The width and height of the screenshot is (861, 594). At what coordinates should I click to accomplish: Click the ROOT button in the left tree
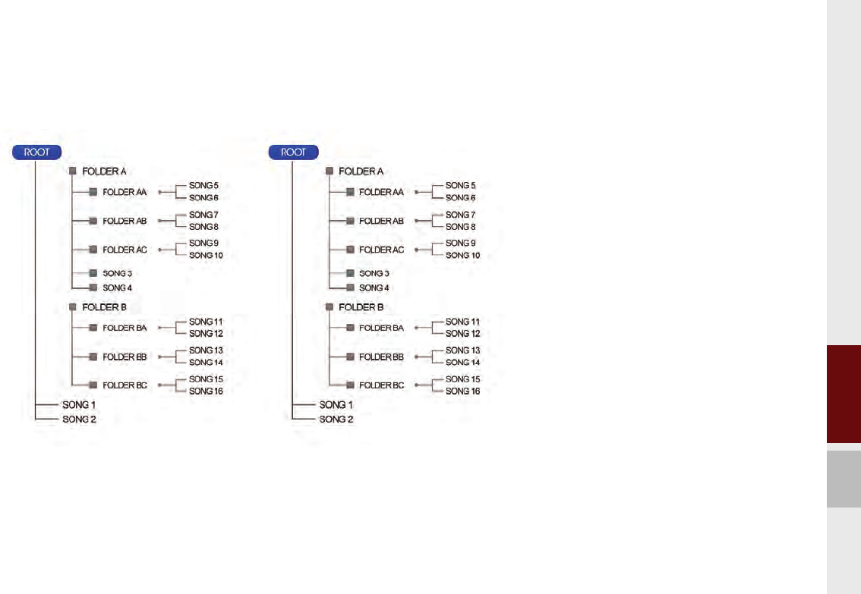click(x=36, y=152)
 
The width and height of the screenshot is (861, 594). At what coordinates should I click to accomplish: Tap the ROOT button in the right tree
click(x=293, y=152)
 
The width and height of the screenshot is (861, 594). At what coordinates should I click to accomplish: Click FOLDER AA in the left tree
click(x=125, y=193)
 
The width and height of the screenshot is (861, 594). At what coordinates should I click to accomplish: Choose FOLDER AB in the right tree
click(x=380, y=221)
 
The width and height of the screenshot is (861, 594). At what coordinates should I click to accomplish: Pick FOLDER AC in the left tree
click(x=125, y=250)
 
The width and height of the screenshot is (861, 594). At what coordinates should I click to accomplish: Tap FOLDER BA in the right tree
click(x=380, y=328)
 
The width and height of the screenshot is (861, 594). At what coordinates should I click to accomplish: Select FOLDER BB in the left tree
click(x=125, y=357)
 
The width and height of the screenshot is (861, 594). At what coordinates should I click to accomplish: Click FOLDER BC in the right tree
click(x=380, y=385)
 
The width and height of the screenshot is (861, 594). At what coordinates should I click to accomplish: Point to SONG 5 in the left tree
click(x=204, y=185)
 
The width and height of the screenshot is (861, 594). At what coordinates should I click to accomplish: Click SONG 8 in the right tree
click(x=460, y=227)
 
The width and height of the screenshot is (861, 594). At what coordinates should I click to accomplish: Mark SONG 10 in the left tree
click(x=207, y=256)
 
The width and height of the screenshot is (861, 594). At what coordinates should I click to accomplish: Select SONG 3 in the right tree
click(x=374, y=273)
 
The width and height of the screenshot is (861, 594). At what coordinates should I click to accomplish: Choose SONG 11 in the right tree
click(x=462, y=322)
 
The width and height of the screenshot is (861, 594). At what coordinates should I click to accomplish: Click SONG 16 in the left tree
click(x=207, y=391)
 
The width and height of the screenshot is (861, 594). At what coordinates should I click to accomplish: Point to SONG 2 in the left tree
click(x=79, y=419)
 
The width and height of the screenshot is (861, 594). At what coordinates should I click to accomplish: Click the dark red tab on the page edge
click(x=844, y=395)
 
